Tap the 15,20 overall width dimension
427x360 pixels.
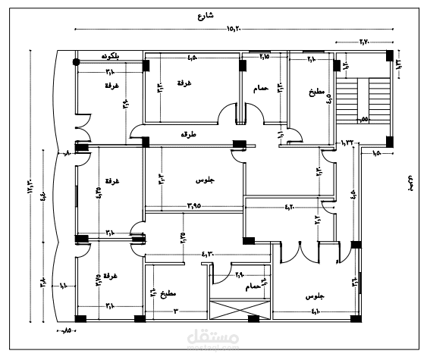(233, 29)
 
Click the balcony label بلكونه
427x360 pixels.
(114, 57)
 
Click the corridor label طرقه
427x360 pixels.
(187, 134)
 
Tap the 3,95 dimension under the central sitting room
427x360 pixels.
(199, 205)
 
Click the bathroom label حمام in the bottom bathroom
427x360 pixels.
(253, 287)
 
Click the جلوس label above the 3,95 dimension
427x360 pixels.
(204, 180)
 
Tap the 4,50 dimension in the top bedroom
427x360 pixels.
(193, 57)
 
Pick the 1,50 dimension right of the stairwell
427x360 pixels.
(377, 154)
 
